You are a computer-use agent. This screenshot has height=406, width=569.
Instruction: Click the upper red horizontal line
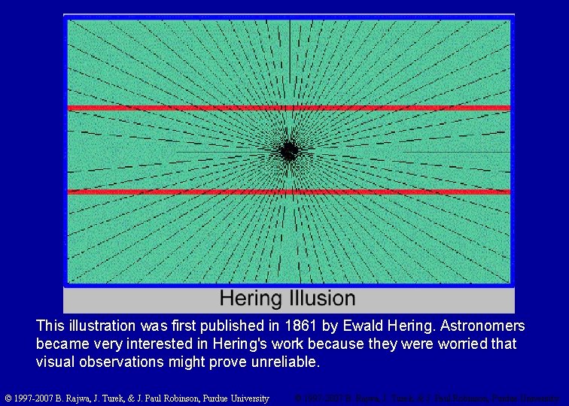coord(289,108)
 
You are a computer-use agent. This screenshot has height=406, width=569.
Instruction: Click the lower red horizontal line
coord(289,192)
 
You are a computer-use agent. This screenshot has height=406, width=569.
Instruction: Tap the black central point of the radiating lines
coord(288,151)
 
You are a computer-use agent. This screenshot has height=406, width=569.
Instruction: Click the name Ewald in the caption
coord(363,326)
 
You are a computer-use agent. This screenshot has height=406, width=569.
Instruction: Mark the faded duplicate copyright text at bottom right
coord(425,398)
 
